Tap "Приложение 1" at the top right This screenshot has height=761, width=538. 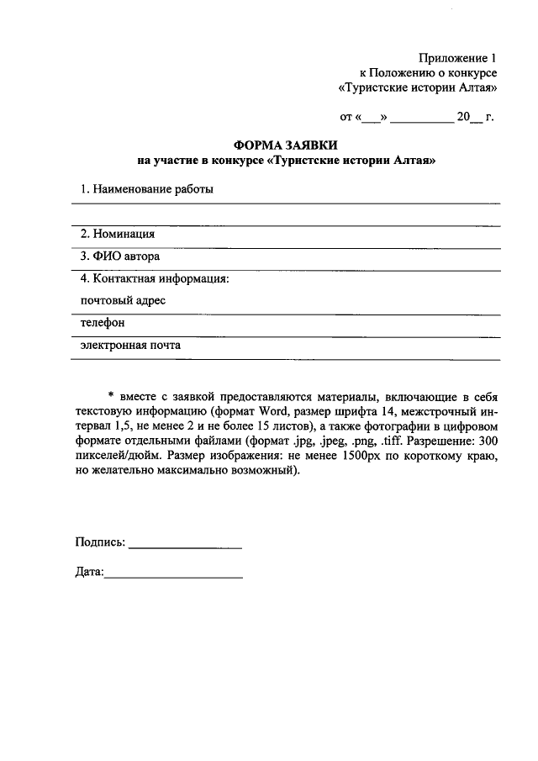pos(459,58)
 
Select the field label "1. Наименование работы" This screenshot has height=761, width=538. pos(146,189)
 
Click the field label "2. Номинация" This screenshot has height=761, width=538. pos(117,234)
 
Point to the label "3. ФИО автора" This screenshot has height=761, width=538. pos(119,256)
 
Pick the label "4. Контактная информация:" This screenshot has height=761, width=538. pos(155,278)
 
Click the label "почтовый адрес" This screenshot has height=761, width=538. pos(123,300)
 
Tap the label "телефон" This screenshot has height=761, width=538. pos(103,322)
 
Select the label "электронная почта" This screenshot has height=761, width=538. pos(130,345)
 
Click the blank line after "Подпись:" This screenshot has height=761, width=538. pos(186,547)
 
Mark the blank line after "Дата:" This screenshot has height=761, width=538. pos(174,577)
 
